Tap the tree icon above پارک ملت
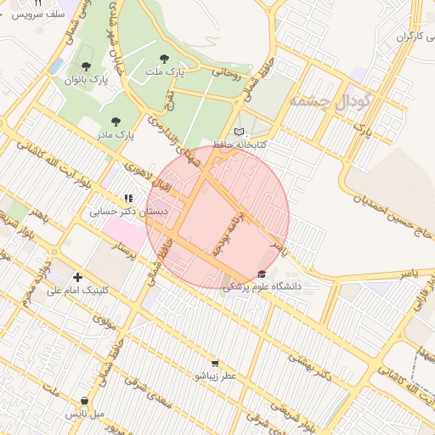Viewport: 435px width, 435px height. click(164, 59)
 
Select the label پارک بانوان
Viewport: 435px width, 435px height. click(86, 80)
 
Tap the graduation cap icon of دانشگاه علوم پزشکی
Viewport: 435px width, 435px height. click(262, 274)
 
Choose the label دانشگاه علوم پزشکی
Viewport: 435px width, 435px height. click(263, 287)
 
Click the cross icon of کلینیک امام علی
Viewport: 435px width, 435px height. click(78, 277)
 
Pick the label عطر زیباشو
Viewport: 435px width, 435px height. click(216, 376)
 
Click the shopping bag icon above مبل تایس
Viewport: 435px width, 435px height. click(85, 400)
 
